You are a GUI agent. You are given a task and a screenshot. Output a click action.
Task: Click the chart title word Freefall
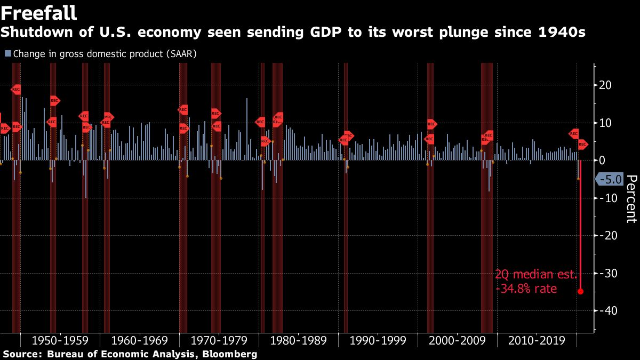tap(39, 12)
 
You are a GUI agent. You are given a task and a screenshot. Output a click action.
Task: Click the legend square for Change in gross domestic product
tap(7, 54)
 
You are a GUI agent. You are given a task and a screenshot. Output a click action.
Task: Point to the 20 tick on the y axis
tap(605, 85)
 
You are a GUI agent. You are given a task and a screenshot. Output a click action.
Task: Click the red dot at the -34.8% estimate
tap(580, 291)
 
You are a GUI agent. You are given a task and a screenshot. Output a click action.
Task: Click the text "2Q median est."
tap(535, 275)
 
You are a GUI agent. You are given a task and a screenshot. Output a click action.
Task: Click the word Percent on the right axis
tap(631, 199)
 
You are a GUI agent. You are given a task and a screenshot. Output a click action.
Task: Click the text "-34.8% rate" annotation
tap(526, 289)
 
